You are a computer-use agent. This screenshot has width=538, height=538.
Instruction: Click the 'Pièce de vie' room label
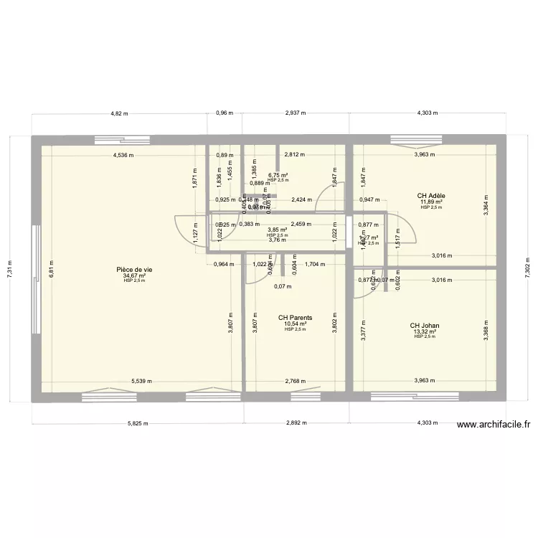pos(134,270)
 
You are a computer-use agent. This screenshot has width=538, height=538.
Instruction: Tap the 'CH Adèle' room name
pos(432,195)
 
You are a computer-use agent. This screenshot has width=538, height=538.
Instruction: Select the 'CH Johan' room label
pos(425,326)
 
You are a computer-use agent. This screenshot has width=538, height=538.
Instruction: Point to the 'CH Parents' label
pos(296,317)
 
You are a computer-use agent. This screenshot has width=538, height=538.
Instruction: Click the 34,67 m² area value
pos(134,275)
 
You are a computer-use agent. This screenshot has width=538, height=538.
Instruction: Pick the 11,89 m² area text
pos(432,202)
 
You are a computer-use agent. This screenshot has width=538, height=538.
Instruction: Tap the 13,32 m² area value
pos(425,331)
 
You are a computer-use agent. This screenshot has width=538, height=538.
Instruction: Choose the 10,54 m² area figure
pos(296,324)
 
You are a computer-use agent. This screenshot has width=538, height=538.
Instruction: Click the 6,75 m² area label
pos(278,175)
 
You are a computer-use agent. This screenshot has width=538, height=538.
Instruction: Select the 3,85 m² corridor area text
pos(278,230)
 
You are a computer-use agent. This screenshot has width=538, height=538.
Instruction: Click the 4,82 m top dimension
pos(118,113)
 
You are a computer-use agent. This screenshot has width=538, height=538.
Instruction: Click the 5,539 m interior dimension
pos(143,382)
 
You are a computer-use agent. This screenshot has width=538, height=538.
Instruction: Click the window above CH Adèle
pos(410,138)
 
